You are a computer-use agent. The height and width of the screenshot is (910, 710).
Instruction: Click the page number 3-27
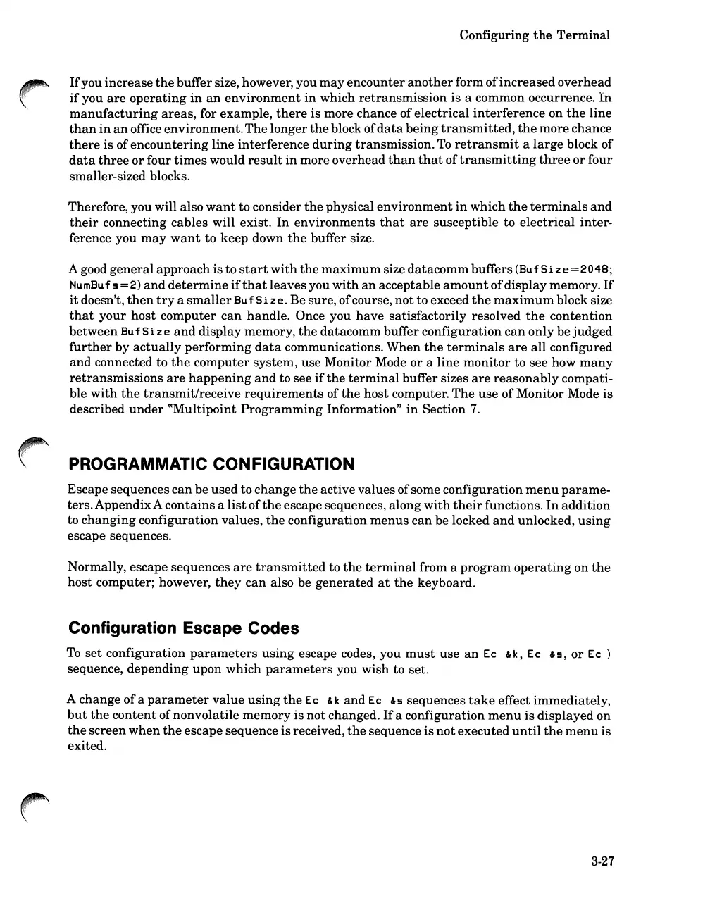(603, 861)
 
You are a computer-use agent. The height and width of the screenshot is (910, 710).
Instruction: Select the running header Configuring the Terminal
(535, 35)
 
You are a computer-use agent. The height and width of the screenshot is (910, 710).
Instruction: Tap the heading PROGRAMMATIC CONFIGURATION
(211, 464)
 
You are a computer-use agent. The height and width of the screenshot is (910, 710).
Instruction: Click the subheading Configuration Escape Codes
(183, 628)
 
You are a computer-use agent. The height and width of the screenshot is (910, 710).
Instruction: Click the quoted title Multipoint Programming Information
(278, 409)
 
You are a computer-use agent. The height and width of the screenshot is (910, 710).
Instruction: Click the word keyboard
(445, 583)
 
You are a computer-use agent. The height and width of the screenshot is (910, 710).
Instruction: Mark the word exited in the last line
(86, 746)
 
